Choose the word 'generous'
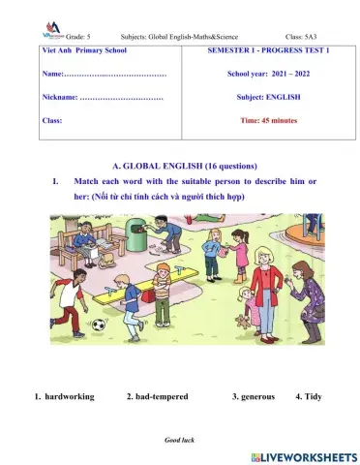click(256, 397)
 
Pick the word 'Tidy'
click(308, 397)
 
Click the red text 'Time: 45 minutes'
click(269, 120)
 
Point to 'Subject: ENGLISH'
click(269, 97)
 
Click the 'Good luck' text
click(180, 440)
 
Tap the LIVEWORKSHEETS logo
click(303, 455)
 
